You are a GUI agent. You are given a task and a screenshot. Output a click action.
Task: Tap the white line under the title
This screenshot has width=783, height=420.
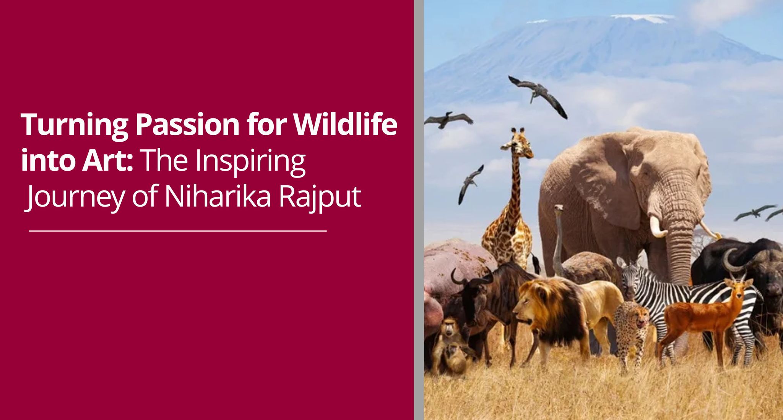[x=178, y=231]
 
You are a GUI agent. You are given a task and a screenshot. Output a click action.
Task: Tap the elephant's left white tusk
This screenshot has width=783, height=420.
[x=657, y=227]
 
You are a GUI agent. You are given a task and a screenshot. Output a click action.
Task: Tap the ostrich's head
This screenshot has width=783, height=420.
[x=559, y=208]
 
